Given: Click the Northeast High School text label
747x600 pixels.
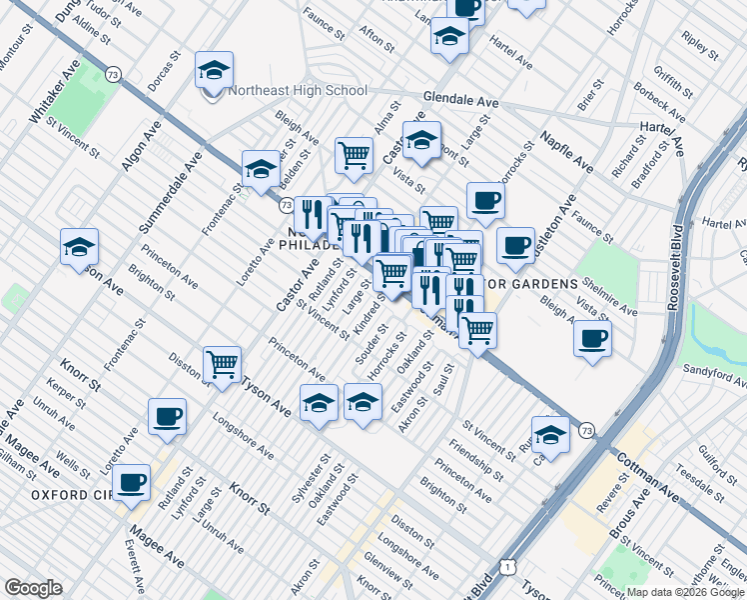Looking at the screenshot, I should click(298, 90).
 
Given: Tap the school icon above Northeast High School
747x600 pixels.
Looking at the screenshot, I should click(214, 71).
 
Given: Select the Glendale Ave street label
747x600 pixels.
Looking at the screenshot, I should click(460, 101).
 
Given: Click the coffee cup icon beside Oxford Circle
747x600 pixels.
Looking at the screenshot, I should click(131, 483).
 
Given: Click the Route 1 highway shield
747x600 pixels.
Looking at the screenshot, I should click(509, 567).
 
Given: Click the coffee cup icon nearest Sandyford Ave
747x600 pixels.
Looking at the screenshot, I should click(593, 338).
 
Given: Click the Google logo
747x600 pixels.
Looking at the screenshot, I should click(34, 588).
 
